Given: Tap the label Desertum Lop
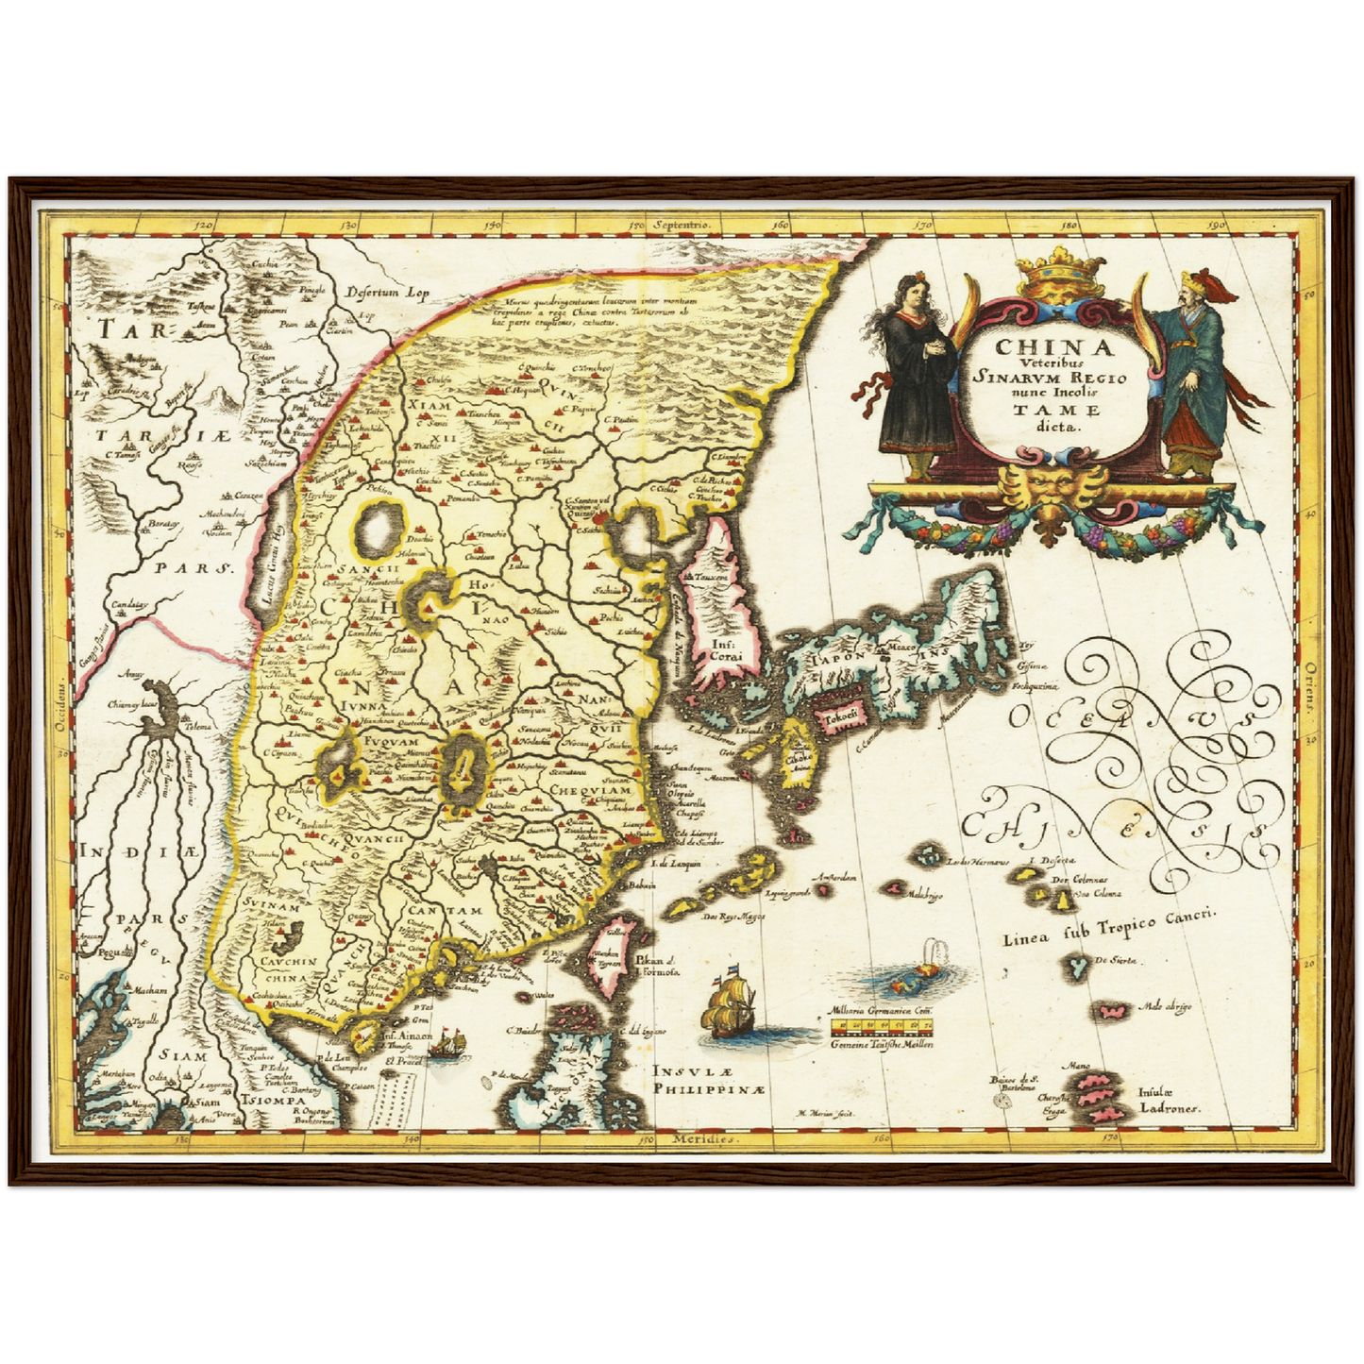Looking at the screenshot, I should tap(387, 292).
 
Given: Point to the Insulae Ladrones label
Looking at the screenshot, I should tap(1167, 1101).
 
